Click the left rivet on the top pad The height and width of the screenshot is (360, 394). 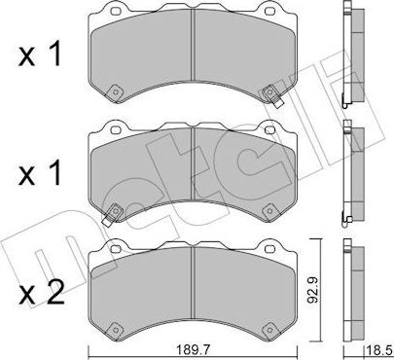[x=115, y=94]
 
